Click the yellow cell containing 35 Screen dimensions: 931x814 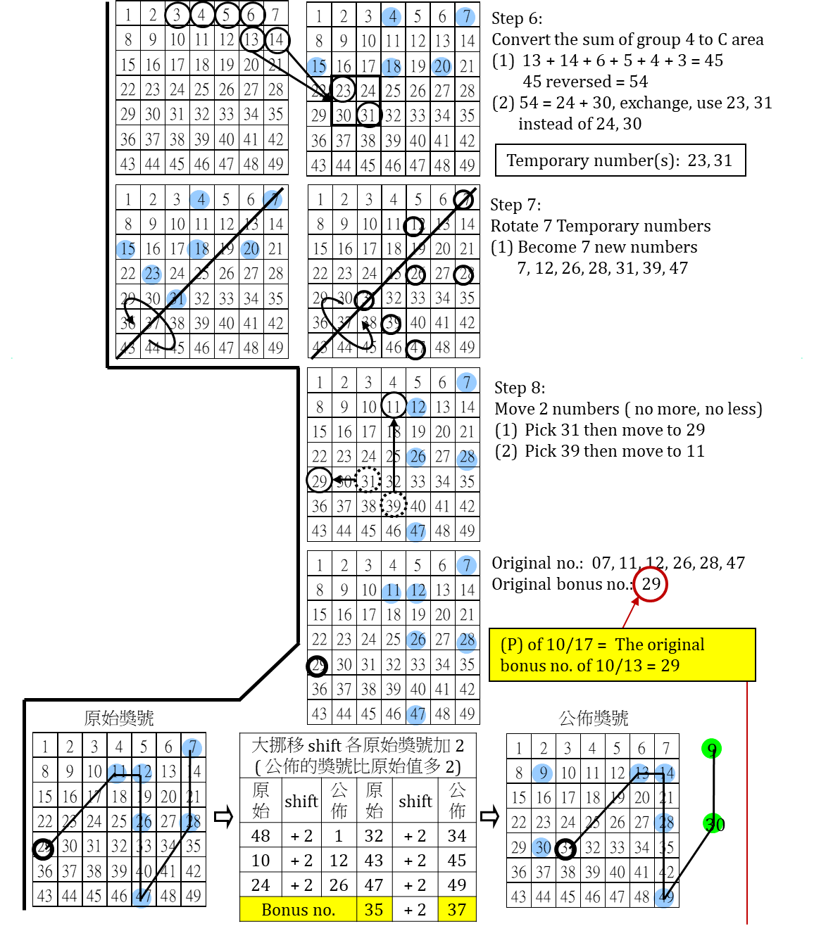[x=374, y=909]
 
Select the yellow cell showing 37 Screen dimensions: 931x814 [x=457, y=909]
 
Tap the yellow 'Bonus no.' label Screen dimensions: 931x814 [x=298, y=909]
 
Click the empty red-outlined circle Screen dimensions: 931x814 [x=650, y=584]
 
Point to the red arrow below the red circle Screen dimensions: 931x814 [x=630, y=612]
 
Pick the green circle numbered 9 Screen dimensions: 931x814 [x=711, y=749]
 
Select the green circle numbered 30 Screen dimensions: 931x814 [x=713, y=823]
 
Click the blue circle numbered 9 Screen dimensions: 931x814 [x=542, y=773]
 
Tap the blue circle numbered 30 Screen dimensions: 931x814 [x=541, y=847]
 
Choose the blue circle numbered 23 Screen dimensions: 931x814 [x=151, y=274]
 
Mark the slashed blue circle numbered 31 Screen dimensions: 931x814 [x=176, y=299]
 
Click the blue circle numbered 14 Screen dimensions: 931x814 [x=665, y=773]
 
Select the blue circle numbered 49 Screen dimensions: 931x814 [x=663, y=897]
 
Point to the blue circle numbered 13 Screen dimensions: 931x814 [x=639, y=773]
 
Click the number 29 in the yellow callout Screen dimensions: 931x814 [x=670, y=666]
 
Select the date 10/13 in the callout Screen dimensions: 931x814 [x=618, y=666]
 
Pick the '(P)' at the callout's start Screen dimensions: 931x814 [x=511, y=645]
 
